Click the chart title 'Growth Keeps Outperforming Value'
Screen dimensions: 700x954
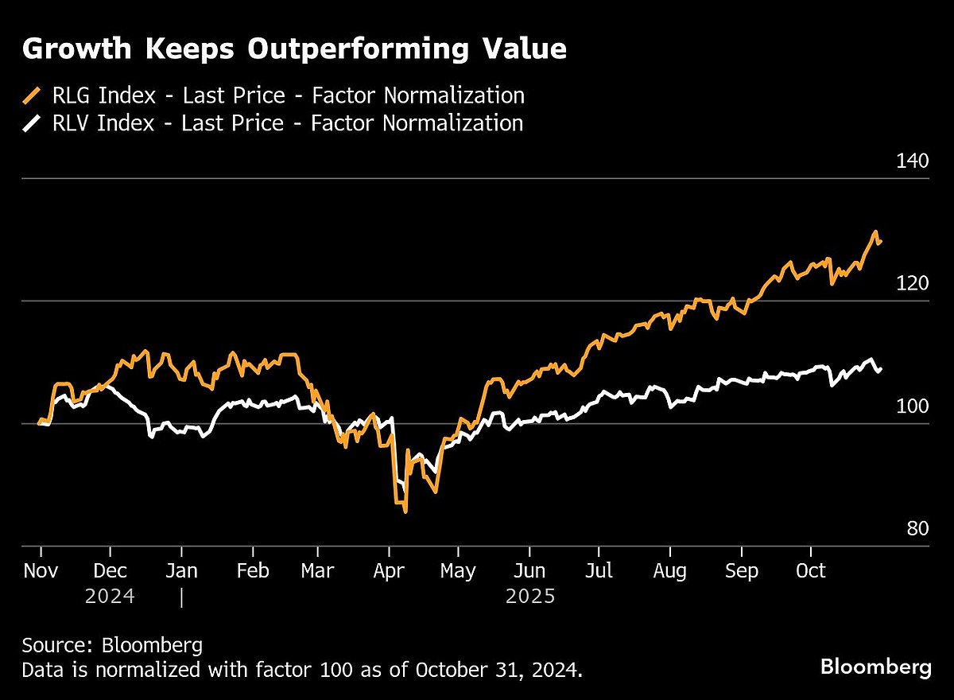click(x=294, y=49)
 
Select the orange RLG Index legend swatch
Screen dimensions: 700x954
click(x=32, y=96)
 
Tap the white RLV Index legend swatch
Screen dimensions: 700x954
click(x=32, y=123)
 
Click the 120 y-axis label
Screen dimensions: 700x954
click(x=912, y=283)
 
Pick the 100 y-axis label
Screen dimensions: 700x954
click(x=912, y=406)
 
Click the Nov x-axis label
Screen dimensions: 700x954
click(x=41, y=571)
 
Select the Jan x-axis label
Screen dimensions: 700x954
click(x=182, y=571)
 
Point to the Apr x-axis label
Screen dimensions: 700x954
click(x=390, y=571)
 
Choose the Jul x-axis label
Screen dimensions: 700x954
click(x=599, y=571)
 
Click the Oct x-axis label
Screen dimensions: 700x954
click(x=811, y=571)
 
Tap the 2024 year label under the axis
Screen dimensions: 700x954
click(x=110, y=596)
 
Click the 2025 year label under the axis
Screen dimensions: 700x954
click(x=529, y=596)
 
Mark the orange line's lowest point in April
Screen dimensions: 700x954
click(x=405, y=511)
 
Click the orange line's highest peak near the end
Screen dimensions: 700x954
click(x=875, y=232)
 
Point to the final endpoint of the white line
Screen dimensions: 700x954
click(x=881, y=369)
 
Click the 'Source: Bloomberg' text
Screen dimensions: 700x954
click(x=112, y=644)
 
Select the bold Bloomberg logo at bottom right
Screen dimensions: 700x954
click(x=875, y=667)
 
